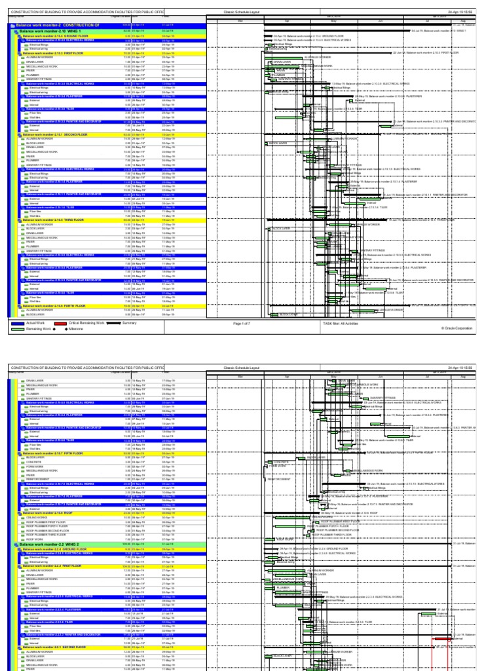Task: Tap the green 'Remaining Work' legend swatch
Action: click(16, 328)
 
